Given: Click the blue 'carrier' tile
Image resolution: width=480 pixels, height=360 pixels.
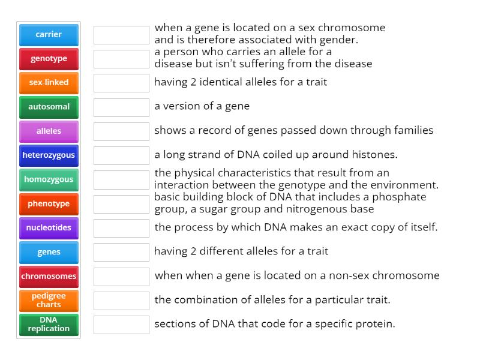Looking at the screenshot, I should coord(49,35).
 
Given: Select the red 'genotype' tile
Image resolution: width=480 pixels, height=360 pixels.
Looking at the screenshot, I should coord(49,59).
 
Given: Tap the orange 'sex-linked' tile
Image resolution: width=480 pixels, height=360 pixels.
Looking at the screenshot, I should coord(49,83).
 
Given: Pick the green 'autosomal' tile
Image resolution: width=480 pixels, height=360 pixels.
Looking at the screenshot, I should coord(49,107).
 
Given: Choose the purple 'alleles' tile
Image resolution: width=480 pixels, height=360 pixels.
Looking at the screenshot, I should coord(49,131).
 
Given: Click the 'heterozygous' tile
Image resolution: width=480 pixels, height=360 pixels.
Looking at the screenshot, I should coord(49,155).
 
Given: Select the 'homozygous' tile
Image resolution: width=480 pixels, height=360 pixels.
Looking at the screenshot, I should coord(49,179).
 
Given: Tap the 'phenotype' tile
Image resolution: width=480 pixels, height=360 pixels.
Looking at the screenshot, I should coord(49,204).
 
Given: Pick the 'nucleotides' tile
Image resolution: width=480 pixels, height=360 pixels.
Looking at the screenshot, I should coord(49,228).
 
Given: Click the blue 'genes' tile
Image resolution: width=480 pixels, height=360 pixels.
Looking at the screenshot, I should coord(49,252).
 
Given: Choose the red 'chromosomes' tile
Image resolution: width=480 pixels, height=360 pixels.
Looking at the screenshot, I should coord(49,277).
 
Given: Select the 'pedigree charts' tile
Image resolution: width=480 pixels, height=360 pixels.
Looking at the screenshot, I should coord(49,300).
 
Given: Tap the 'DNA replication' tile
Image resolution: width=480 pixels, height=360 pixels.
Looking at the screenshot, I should coord(49,324).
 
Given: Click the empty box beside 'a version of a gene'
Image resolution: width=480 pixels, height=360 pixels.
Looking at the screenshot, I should coord(121,107).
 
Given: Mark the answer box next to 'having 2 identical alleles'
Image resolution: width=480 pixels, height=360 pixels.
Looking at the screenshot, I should coord(121,83).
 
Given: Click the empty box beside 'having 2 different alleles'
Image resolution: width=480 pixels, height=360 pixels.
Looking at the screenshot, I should coord(121,252).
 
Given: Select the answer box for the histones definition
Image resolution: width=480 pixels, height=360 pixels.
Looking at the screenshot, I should coord(121,155).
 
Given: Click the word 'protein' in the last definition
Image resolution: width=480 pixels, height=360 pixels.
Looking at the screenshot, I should coord(375,324).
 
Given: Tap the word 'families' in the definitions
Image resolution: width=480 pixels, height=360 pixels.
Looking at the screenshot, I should coord(414,130).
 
